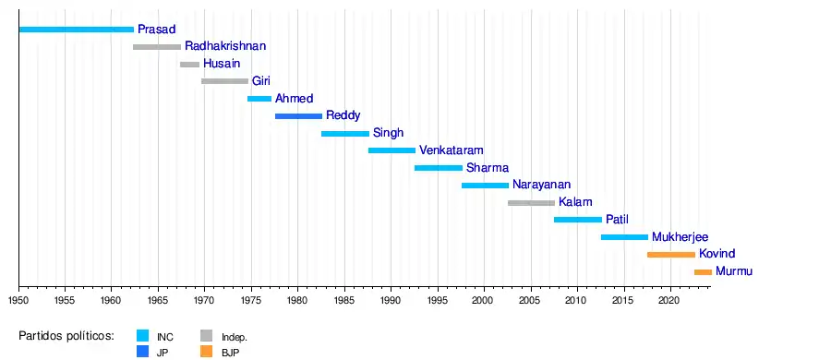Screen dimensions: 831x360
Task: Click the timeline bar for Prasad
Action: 77,30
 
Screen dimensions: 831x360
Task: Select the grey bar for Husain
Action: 189,65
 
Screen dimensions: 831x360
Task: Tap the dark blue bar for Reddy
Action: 298,116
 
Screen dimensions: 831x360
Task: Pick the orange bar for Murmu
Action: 704,272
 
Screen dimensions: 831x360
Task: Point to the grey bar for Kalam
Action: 532,203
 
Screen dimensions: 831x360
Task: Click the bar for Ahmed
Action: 259,99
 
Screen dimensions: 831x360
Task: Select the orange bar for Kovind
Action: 671,255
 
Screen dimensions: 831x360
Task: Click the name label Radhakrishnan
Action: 225,46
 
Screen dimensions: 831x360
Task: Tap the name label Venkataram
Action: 451,150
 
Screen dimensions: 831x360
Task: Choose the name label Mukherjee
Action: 680,237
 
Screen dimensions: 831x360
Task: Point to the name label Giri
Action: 260,81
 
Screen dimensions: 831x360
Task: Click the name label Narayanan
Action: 542,185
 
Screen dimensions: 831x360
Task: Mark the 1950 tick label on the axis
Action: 18,300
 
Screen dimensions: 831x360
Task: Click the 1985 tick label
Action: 345,300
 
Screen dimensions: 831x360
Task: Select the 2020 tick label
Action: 671,300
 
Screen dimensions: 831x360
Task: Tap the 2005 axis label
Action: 531,300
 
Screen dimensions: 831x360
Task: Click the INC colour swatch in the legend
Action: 142,336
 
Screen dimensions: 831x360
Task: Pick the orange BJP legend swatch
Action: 206,352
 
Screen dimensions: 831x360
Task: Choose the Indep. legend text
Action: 235,337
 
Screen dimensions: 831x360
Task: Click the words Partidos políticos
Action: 66,336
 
